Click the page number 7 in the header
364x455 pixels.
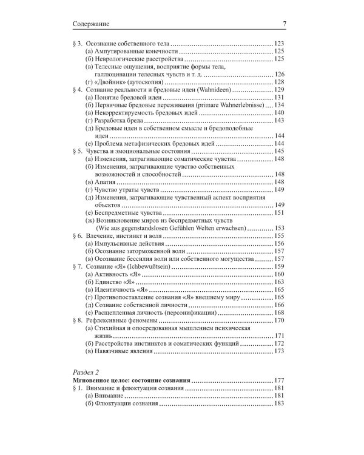click(283, 24)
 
